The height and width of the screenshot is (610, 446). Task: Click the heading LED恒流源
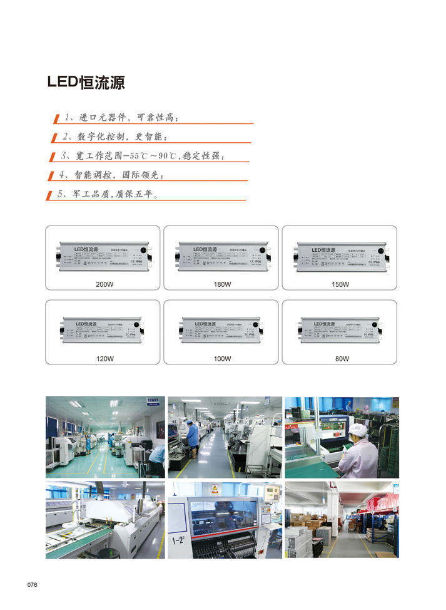[x=86, y=83]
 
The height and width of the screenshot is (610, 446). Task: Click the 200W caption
[x=104, y=284]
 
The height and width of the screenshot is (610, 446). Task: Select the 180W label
[x=222, y=284]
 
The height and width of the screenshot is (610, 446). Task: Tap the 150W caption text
[x=340, y=284]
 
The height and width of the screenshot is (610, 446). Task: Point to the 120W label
[x=104, y=359]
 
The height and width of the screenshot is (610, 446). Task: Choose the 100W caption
[x=222, y=359]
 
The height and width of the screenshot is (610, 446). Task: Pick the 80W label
[x=340, y=359]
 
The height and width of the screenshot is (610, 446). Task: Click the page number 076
[x=33, y=585]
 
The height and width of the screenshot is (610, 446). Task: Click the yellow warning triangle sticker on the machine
[x=215, y=488]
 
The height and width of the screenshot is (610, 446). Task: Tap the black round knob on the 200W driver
[x=143, y=250]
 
